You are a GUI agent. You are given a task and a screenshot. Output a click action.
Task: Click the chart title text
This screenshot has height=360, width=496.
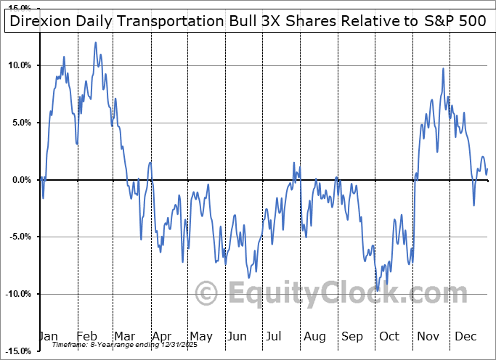(248, 21)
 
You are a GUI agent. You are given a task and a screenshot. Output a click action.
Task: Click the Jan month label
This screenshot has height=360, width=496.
(48, 337)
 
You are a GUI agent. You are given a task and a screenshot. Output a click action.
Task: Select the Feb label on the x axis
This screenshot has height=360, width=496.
(87, 337)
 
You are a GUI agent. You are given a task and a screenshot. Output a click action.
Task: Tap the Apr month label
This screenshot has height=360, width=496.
(163, 337)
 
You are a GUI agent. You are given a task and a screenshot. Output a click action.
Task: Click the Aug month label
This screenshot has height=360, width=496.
(315, 337)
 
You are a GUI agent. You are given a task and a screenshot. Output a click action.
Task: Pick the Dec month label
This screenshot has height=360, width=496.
(466, 337)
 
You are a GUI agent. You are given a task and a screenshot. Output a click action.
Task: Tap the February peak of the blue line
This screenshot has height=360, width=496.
(95, 43)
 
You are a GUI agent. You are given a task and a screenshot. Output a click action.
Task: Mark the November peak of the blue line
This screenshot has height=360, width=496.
(442, 68)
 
